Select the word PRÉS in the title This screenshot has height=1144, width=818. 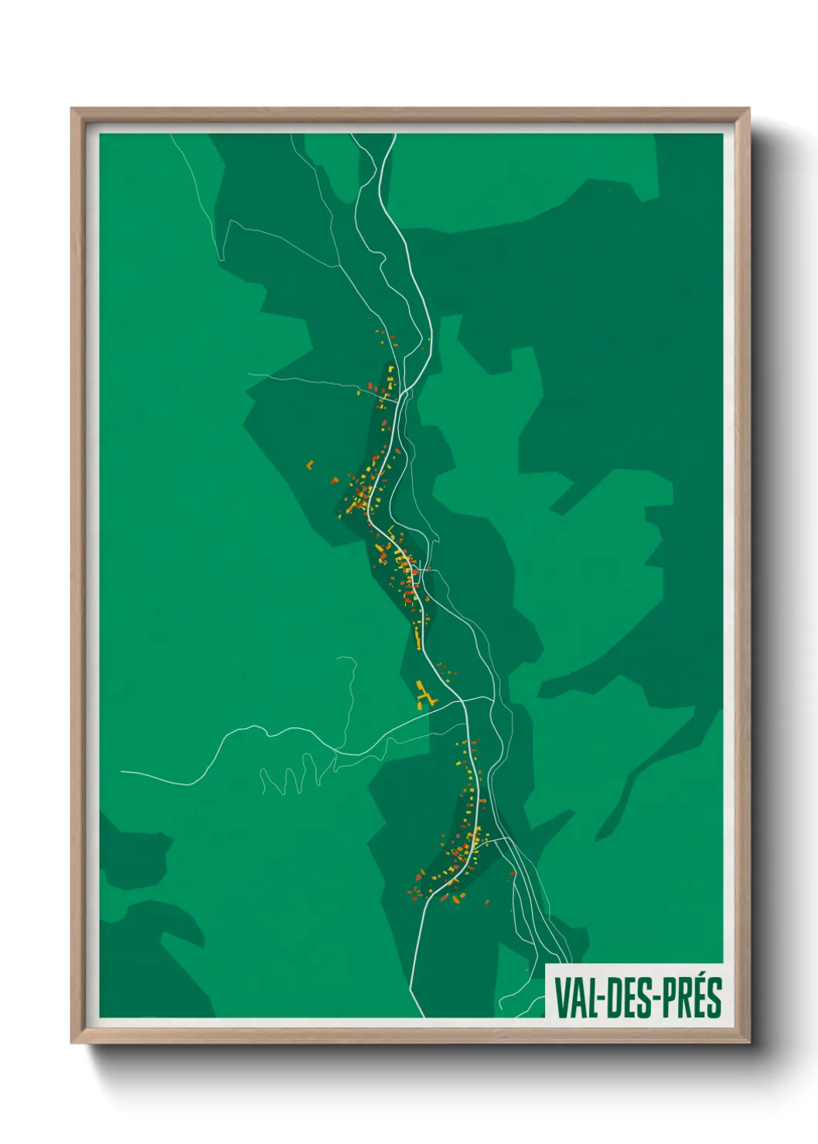[690, 997]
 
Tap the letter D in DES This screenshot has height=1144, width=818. [611, 997]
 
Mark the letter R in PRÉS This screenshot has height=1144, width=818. [683, 997]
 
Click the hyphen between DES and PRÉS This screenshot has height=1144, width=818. [656, 998]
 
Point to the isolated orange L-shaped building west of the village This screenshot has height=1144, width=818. [310, 465]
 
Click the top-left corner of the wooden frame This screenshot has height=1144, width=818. [72, 110]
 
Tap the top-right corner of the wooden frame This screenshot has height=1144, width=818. [749, 110]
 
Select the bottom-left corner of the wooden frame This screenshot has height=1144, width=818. [72, 1042]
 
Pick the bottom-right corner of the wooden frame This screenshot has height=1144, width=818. [749, 1042]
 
